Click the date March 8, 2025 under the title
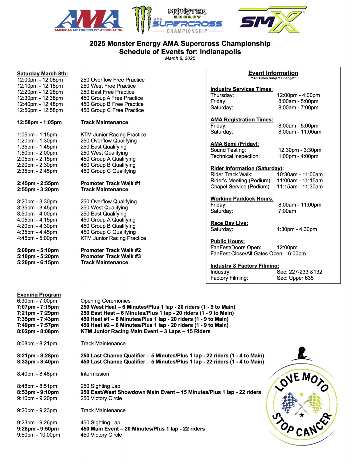tap(180, 58)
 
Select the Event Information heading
tap(273, 73)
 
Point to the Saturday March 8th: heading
tap(42, 74)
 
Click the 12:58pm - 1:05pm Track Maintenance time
tap(39, 122)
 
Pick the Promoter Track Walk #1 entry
tap(110, 183)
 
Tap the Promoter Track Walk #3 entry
tap(110, 256)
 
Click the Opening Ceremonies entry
tap(105, 301)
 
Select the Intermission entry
tap(95, 374)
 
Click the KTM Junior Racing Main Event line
tap(145, 331)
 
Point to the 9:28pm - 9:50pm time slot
tap(38, 429)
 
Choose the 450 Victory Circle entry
tap(101, 435)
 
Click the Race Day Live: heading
tap(229, 223)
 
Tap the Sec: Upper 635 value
tap(295, 278)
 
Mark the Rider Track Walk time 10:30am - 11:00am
tap(299, 174)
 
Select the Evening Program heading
tap(39, 295)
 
